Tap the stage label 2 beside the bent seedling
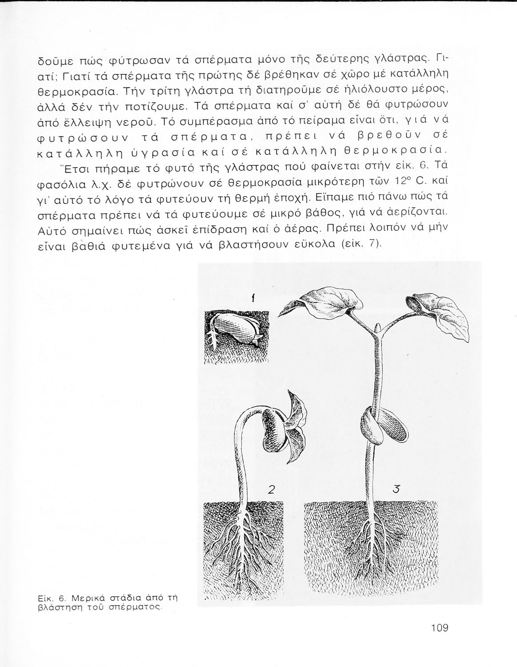click(x=272, y=490)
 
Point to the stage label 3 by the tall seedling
click(x=397, y=490)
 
